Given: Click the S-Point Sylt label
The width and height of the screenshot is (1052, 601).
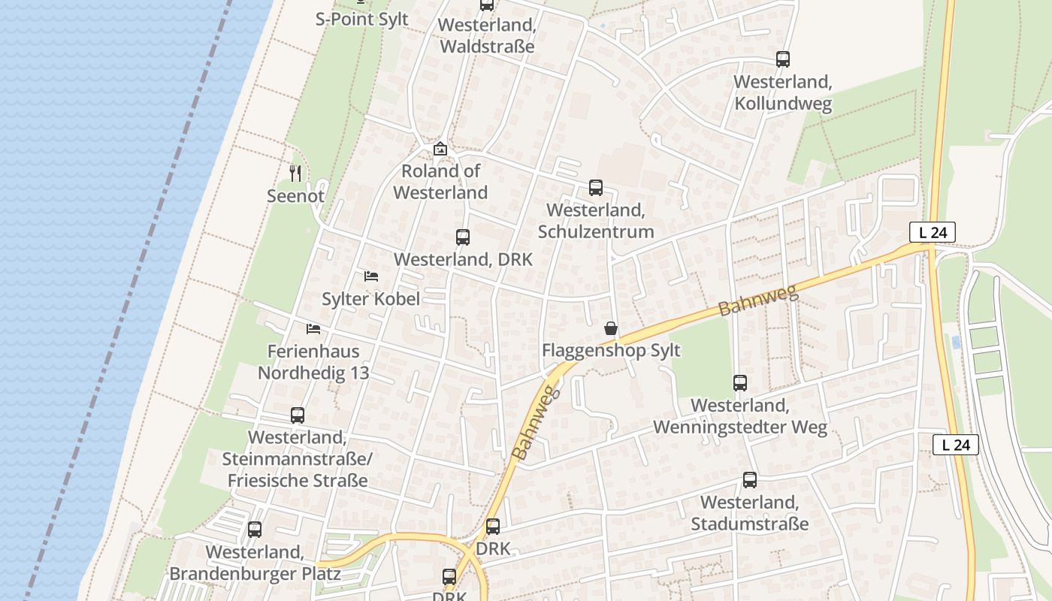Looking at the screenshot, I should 361,20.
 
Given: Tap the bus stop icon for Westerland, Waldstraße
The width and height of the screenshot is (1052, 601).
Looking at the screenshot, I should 487,5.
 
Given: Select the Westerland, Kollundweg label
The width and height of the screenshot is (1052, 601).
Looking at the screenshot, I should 782,92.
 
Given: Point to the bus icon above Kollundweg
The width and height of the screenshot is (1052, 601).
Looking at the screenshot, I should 783,59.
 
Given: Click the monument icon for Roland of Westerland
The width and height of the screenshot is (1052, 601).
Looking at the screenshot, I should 440,149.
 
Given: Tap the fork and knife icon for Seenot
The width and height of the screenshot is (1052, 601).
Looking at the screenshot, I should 295,174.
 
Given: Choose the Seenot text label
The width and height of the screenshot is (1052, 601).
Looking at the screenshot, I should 295,196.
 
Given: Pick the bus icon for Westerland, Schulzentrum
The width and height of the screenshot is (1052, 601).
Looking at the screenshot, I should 596,187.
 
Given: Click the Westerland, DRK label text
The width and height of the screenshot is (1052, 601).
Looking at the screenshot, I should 463,260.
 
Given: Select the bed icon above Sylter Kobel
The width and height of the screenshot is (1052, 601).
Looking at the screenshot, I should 370,276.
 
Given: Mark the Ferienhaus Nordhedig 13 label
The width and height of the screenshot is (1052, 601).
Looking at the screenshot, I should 313,362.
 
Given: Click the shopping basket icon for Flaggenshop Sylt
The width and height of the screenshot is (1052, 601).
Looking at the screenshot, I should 611,328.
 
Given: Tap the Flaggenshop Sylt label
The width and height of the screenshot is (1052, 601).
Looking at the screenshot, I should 611,351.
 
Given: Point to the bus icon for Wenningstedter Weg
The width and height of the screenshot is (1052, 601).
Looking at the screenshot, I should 740,383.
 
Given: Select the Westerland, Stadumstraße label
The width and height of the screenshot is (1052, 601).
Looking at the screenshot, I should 749,513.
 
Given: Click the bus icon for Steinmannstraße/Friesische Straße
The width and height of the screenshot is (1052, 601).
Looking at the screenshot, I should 298,415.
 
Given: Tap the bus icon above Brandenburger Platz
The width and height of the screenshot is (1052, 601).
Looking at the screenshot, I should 255,530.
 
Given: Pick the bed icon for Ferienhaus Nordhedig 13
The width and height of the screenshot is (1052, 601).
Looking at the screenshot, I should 313,329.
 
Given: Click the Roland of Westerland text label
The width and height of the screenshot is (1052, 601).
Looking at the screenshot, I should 440,182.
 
